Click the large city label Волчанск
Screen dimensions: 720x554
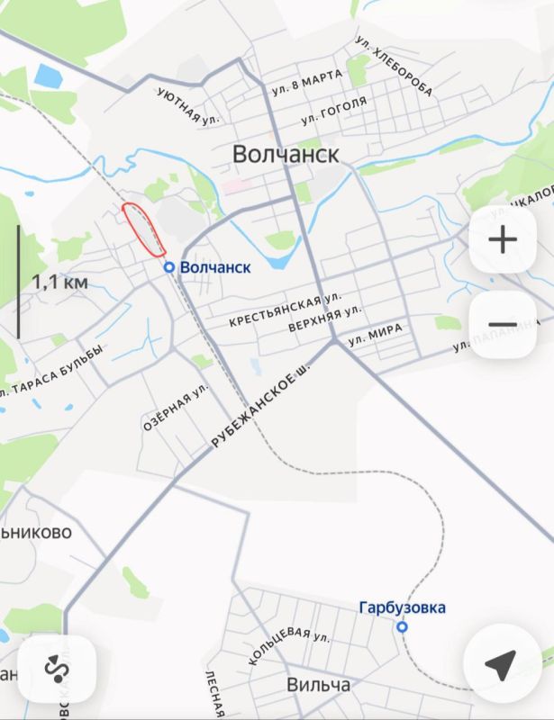pos(286,154)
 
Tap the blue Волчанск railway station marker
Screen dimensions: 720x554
pos(168,267)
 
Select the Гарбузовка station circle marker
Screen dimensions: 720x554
pos(402,626)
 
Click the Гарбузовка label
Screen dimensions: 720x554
pos(402,607)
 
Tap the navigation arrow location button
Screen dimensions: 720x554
pos(501,665)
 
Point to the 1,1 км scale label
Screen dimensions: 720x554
pos(60,282)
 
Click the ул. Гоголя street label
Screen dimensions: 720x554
pos(334,111)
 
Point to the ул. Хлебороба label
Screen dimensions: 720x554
pos(394,66)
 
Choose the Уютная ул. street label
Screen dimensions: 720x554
pos(187,105)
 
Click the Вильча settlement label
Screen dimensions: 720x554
pos(318,685)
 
